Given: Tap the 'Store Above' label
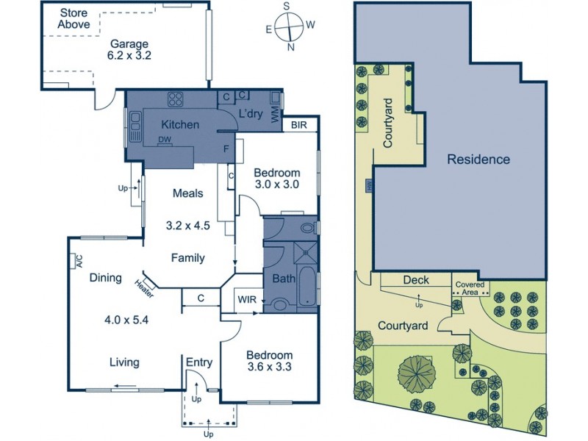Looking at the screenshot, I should click(74, 19).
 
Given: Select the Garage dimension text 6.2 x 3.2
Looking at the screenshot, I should click(129, 54).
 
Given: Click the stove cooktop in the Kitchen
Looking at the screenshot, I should click(176, 100).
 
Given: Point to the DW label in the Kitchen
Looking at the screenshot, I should click(164, 140).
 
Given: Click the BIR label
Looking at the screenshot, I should click(300, 125).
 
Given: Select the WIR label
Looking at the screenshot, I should click(245, 299).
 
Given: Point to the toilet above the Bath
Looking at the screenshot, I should click(308, 228).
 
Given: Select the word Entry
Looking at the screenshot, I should click(198, 362).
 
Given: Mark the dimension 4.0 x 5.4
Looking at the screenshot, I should click(126, 320).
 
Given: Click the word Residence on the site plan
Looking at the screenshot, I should click(478, 159).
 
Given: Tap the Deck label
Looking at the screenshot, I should click(415, 280).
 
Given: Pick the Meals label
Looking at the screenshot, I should click(187, 193).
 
